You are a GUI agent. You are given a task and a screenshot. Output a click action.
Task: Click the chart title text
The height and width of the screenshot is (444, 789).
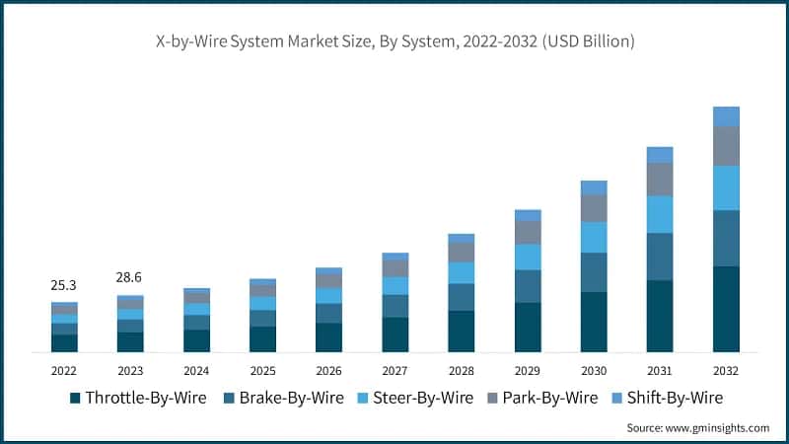click(x=394, y=41)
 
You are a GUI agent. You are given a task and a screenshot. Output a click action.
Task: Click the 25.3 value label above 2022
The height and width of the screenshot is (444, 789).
click(x=64, y=285)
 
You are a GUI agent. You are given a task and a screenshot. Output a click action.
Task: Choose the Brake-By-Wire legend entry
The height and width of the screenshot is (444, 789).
click(x=287, y=398)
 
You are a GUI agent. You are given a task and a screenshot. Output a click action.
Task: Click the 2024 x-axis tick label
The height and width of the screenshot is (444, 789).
click(x=196, y=371)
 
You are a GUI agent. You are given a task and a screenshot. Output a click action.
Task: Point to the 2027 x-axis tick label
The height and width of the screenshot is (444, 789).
click(x=394, y=371)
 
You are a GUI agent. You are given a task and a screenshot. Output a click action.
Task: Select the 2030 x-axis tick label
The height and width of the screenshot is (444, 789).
click(x=594, y=371)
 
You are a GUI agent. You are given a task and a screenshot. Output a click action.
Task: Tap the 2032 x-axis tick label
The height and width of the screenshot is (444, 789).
click(x=726, y=371)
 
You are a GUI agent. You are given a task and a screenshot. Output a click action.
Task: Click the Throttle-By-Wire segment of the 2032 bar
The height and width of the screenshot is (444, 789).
click(x=726, y=309)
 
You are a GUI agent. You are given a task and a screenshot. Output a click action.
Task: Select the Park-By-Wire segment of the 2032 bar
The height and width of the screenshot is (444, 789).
click(x=726, y=146)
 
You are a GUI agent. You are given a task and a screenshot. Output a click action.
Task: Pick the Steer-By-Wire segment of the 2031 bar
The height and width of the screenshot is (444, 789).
click(x=660, y=214)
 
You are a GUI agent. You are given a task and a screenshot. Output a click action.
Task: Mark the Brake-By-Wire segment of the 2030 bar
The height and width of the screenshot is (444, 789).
click(x=594, y=272)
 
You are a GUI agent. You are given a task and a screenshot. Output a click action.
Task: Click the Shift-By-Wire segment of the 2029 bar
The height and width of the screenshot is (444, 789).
click(x=528, y=215)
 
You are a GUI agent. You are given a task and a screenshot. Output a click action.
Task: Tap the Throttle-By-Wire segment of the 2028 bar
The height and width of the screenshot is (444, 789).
click(x=461, y=332)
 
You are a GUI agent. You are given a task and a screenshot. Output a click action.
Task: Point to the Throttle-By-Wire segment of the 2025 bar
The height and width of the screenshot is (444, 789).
click(x=262, y=338)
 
